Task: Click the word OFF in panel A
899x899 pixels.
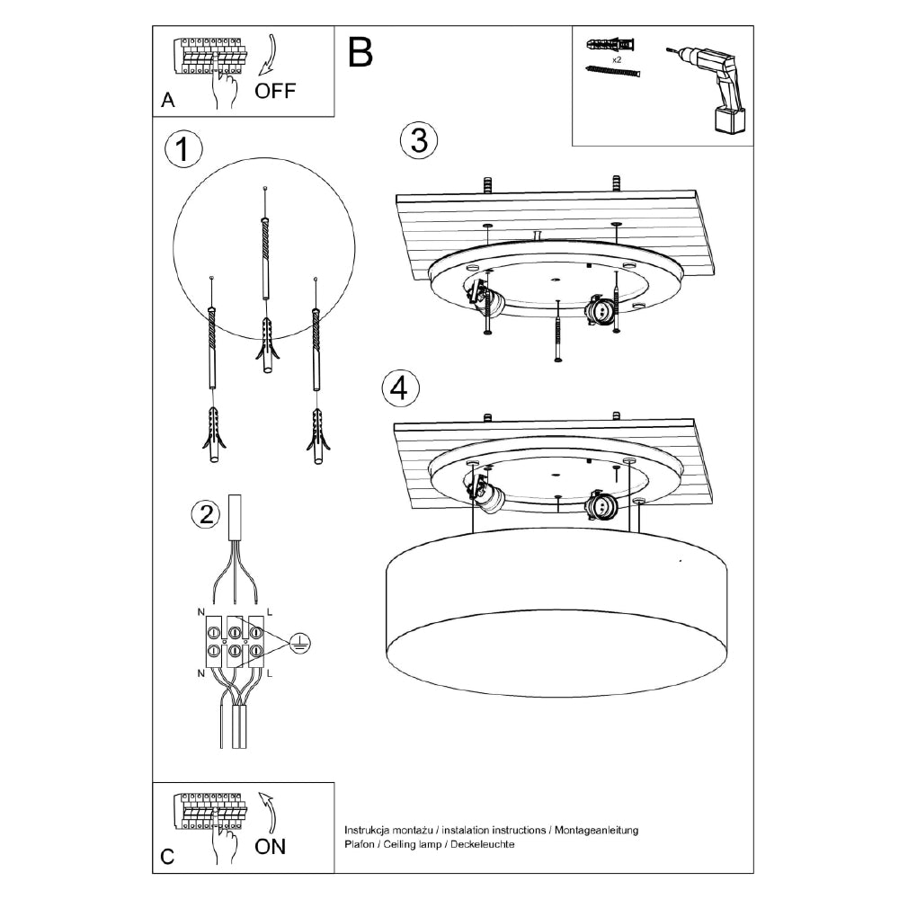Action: pos(274,90)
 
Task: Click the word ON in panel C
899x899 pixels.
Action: pos(271,846)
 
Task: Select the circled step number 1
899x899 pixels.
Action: pos(183,150)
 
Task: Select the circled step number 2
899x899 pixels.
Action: pos(206,514)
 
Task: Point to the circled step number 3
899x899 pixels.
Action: pos(418,141)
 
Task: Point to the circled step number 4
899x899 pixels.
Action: pos(400,388)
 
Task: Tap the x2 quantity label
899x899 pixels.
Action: pos(617,58)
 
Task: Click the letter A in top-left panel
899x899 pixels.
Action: pos(167,102)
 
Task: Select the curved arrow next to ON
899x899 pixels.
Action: pos(266,812)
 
